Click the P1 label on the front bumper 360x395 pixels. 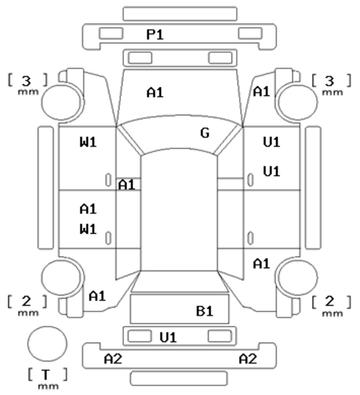click(155, 35)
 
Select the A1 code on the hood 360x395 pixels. click(155, 92)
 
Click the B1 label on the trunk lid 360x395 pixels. click(205, 311)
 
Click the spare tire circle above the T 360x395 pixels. click(47, 344)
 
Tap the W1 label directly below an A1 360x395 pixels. click(88, 229)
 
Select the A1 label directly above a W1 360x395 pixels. click(88, 209)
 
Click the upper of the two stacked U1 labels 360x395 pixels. click(271, 142)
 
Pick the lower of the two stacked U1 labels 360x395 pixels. click(271, 171)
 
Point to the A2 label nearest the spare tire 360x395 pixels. click(113, 358)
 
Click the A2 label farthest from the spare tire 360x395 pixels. click(248, 358)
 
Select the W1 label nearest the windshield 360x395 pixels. click(88, 142)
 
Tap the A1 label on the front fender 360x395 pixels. click(262, 92)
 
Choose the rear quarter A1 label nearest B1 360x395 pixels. click(262, 264)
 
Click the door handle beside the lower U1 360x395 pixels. click(250, 180)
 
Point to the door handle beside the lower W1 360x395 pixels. click(108, 238)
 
